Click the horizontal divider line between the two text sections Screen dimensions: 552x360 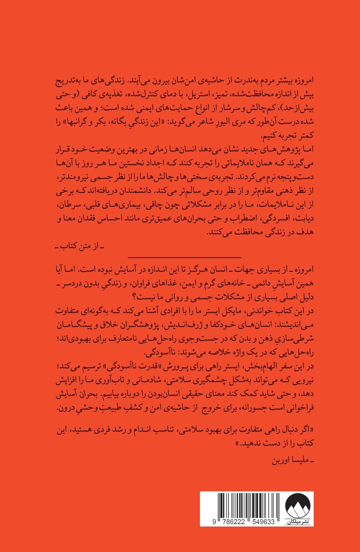(x=184, y=257)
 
